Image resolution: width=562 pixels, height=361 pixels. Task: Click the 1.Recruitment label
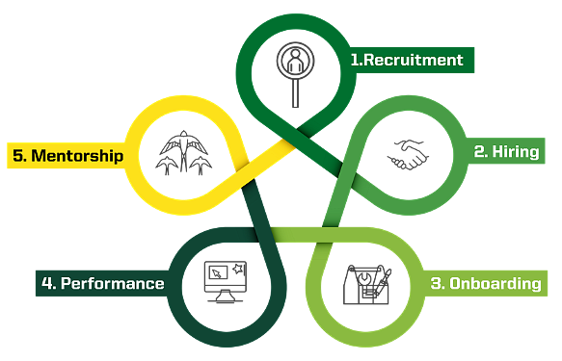[x=406, y=60]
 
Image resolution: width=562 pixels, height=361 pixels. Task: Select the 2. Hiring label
[x=505, y=152]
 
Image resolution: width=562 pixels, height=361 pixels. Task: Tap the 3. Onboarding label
[x=485, y=283]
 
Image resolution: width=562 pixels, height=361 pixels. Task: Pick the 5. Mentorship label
[x=67, y=154]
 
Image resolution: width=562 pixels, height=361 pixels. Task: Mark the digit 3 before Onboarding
[x=437, y=283]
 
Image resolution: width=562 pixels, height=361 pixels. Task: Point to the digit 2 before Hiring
[x=478, y=152]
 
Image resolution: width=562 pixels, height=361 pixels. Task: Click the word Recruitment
[x=413, y=60]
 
